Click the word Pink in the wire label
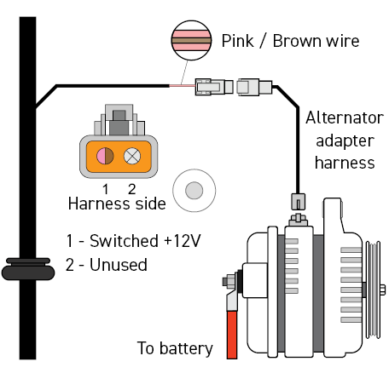[x=237, y=41]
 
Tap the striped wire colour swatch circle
[x=191, y=40]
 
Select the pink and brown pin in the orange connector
[x=105, y=156]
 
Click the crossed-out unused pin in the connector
[x=132, y=156]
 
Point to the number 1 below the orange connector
[x=106, y=189]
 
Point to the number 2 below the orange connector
[x=131, y=189]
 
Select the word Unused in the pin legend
[x=119, y=265]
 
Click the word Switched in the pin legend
[x=124, y=241]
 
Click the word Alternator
[x=345, y=118]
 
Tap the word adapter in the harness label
[x=345, y=141]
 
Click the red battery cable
[x=232, y=335]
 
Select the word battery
[x=186, y=348]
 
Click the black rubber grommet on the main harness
[x=28, y=269]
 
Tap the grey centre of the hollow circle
[x=194, y=190]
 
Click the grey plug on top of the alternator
[x=298, y=202]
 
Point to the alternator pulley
[x=373, y=290]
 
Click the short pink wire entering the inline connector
[x=183, y=85]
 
